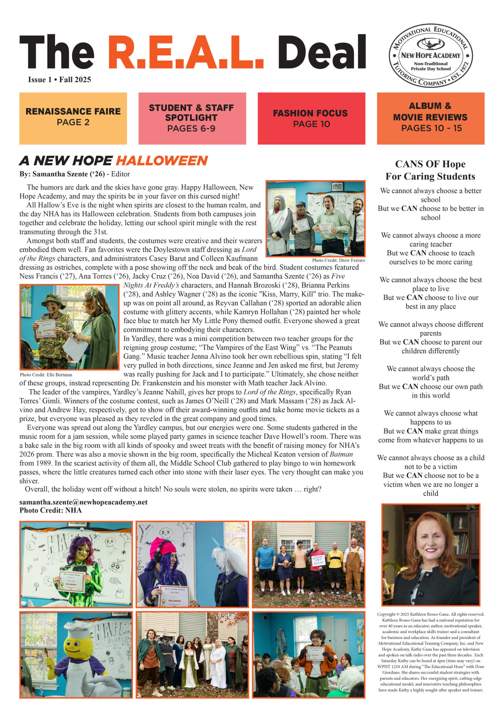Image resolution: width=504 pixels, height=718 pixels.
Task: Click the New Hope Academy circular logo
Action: [x=430, y=56]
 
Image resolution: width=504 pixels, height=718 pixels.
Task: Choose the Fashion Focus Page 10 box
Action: [x=311, y=118]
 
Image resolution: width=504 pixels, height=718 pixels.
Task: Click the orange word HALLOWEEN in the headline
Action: [x=162, y=161]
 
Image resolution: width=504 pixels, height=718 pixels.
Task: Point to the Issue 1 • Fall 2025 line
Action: [x=59, y=80]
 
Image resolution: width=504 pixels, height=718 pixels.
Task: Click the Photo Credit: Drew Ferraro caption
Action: [x=338, y=260]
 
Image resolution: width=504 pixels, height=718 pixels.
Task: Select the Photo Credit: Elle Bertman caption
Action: [x=46, y=375]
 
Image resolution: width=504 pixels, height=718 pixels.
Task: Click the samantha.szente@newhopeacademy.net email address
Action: [x=83, y=502]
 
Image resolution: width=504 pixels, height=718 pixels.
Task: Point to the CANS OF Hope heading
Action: [x=430, y=164]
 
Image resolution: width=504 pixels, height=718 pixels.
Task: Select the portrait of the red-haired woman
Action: [x=430, y=555]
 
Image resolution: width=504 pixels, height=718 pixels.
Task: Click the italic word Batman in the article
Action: [x=341, y=454]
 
